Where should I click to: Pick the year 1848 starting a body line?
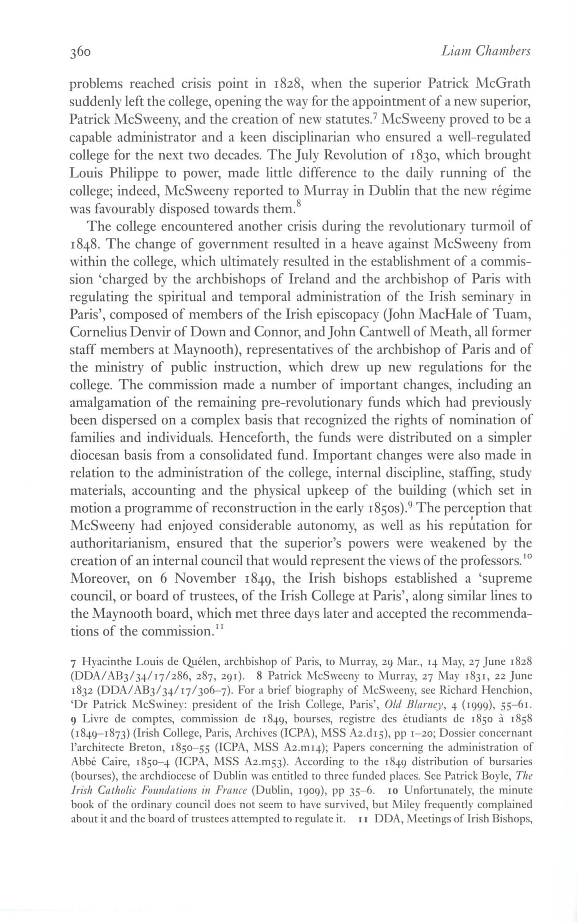82,244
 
